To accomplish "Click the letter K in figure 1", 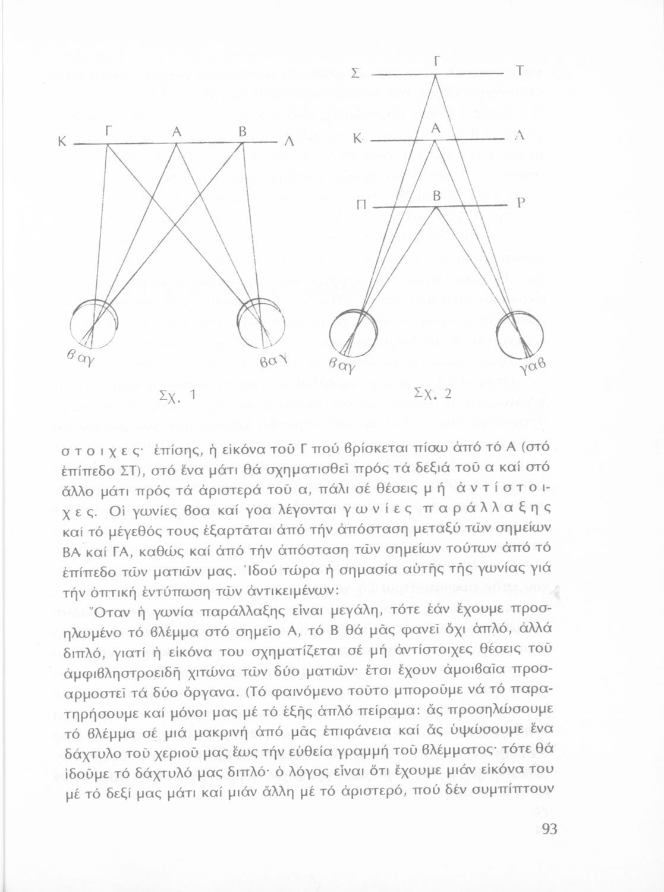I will [61, 143].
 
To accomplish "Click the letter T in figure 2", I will [518, 71].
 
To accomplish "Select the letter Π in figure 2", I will [361, 205].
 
